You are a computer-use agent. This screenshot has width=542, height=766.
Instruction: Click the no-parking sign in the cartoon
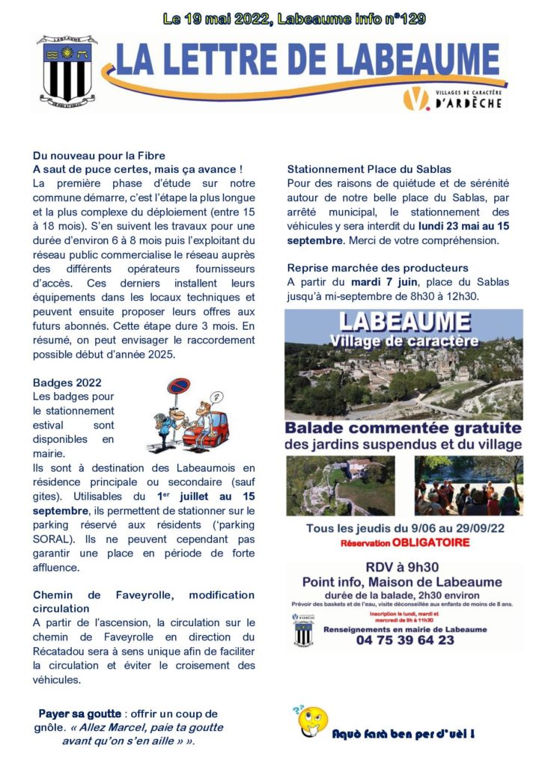coord(177,387)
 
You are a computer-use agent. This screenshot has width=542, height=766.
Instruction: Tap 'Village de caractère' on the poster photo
coord(404,341)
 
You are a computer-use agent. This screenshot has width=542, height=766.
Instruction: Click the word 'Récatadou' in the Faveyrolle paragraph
coord(62,651)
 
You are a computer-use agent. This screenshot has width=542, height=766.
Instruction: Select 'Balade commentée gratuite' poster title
coord(404,429)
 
